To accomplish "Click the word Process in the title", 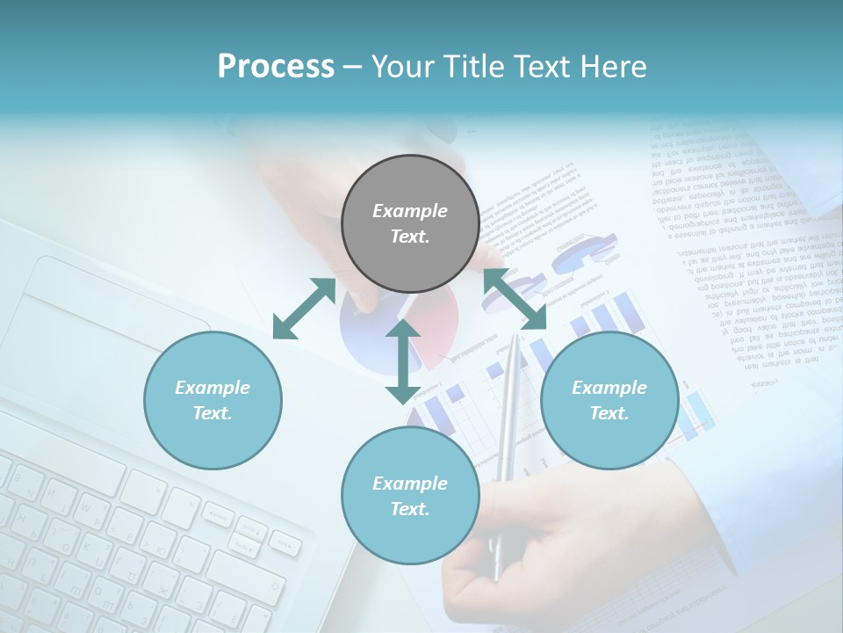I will (x=276, y=67).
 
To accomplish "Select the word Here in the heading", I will (x=614, y=67).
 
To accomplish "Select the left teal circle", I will (x=213, y=400).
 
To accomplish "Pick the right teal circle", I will (x=609, y=400).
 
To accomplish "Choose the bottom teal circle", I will (x=410, y=495).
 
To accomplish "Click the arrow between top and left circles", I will (x=304, y=309).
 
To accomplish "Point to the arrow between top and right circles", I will (x=515, y=298).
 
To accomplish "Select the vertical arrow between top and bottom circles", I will (x=403, y=361).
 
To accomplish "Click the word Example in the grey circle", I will (x=410, y=211).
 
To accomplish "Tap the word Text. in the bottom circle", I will (x=410, y=509).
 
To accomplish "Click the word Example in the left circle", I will (x=213, y=388).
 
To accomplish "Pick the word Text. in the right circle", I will (x=609, y=413).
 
